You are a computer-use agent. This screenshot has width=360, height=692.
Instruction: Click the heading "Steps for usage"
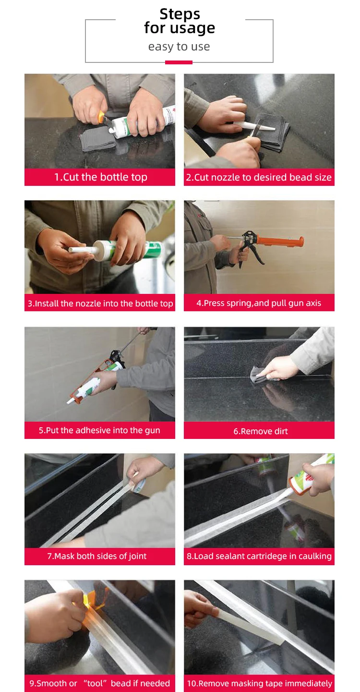tap(180, 21)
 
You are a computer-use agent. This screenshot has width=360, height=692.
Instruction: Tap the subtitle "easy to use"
tap(179, 47)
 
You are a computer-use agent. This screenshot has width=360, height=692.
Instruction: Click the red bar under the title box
tap(179, 62)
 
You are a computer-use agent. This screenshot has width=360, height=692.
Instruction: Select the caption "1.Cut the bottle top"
tap(101, 177)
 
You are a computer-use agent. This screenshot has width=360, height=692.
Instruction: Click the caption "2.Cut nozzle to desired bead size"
tap(259, 177)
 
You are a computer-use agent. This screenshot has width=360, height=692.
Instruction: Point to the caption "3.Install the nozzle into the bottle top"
tap(100, 304)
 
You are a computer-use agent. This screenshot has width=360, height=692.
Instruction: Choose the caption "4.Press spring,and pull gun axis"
tap(259, 303)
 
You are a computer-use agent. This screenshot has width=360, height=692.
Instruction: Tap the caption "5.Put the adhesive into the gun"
tap(99, 430)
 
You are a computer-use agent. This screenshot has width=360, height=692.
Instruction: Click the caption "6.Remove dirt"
tap(261, 431)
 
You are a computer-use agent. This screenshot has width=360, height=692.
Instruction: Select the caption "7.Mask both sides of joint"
tap(97, 556)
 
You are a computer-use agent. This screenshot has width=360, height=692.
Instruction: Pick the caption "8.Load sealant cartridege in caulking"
tap(259, 556)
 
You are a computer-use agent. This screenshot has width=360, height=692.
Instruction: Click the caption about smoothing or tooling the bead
tap(100, 683)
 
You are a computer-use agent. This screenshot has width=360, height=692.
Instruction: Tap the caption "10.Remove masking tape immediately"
tap(260, 683)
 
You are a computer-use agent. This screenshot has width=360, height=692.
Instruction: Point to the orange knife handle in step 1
tap(101, 117)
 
